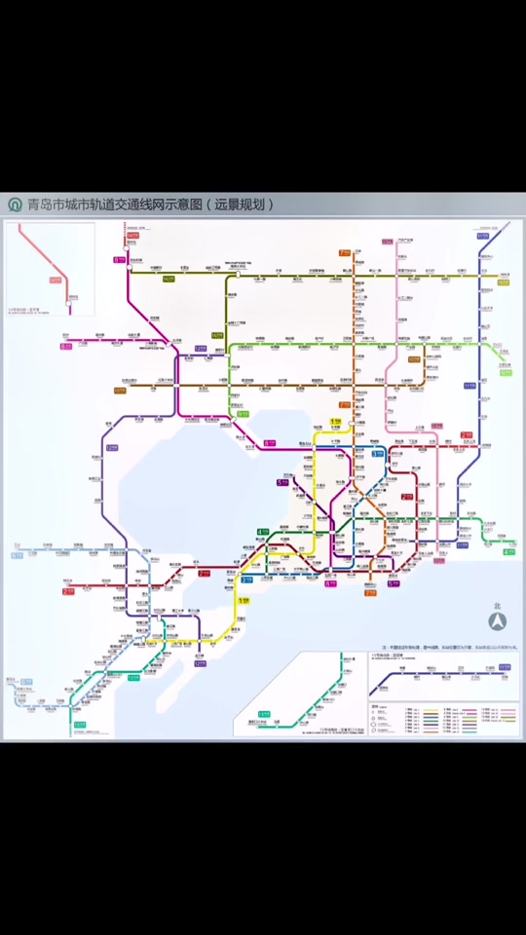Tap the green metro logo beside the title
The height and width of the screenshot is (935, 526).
(15, 206)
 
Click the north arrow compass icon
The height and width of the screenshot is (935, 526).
(497, 620)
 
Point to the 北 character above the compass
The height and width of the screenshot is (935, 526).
(497, 604)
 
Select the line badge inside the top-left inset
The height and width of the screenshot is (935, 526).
(56, 280)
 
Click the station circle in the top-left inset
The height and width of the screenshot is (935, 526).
(68, 303)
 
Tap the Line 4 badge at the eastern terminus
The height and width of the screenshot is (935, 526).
(508, 552)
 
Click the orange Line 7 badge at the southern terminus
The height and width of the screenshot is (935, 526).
(370, 592)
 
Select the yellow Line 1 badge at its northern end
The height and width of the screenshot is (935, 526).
(335, 421)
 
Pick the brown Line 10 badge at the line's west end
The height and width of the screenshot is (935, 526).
(120, 391)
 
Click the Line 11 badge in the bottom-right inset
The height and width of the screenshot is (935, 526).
(505, 667)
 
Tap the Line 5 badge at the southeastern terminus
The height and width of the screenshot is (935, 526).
(394, 583)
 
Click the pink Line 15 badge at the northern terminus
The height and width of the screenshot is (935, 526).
(387, 241)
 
